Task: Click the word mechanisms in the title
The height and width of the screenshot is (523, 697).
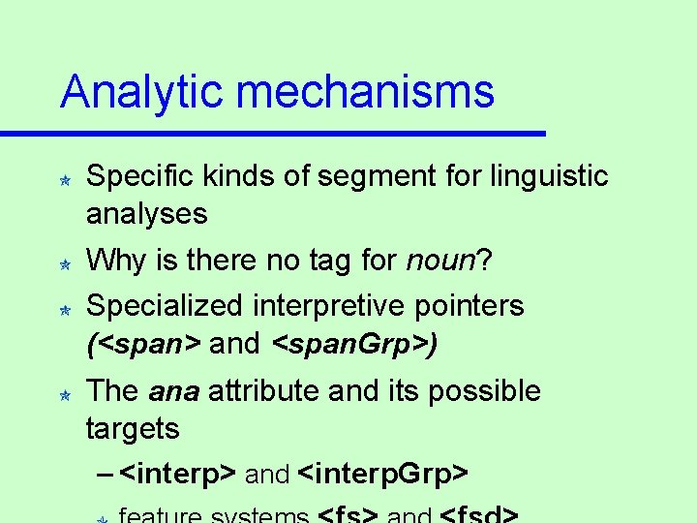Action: tap(364, 93)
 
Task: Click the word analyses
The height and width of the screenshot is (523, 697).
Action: tap(146, 215)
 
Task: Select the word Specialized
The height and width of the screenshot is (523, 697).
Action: tap(164, 306)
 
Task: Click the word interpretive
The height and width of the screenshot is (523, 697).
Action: tap(333, 306)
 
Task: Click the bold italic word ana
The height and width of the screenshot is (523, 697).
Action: tap(174, 391)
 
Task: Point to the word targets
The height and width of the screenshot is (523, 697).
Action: tap(134, 429)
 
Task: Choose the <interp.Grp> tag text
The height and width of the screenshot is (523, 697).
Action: tap(384, 475)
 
